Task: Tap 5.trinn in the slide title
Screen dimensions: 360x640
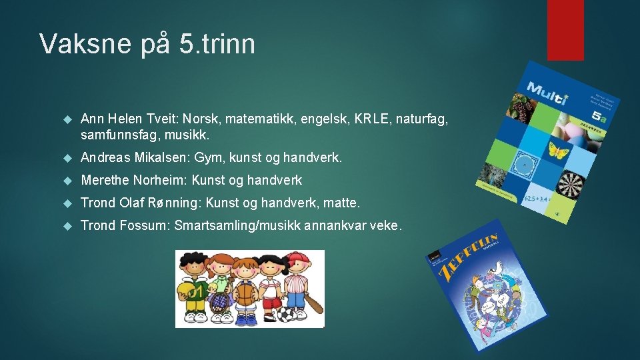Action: tap(217, 44)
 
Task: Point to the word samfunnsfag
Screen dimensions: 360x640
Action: tap(117, 135)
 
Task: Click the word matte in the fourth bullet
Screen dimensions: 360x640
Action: tap(345, 203)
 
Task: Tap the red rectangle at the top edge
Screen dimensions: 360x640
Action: tap(565, 29)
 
